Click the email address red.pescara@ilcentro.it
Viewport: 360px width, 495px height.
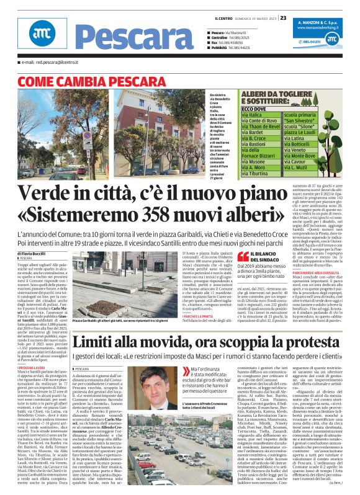[x=50, y=63]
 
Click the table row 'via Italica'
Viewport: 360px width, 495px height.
[x=252, y=115]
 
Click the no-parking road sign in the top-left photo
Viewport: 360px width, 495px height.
[x=86, y=135]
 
